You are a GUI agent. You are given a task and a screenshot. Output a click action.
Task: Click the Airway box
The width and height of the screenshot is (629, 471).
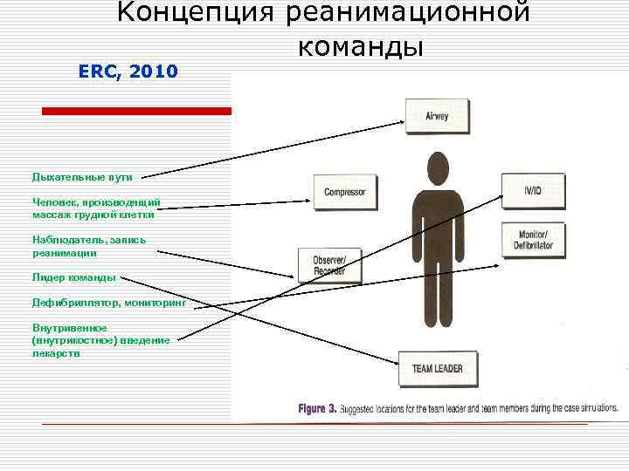click(x=436, y=116)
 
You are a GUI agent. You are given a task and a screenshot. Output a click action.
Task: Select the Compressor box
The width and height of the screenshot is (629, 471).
click(x=345, y=192)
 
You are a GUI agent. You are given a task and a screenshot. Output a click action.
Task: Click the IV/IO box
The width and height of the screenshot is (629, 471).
click(x=532, y=189)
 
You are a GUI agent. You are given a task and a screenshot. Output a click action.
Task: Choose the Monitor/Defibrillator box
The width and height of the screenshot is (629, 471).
click(x=535, y=240)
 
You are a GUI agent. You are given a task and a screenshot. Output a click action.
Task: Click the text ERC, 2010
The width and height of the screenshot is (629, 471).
click(x=128, y=72)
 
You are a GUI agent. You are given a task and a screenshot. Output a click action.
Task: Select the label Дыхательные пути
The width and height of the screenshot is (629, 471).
click(x=82, y=177)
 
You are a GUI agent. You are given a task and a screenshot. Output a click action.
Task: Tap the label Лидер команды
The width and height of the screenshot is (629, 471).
click(x=74, y=277)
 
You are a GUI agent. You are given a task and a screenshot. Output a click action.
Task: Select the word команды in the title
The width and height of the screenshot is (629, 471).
click(x=360, y=44)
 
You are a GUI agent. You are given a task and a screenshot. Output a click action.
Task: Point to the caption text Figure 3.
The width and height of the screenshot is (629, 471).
click(x=318, y=408)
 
